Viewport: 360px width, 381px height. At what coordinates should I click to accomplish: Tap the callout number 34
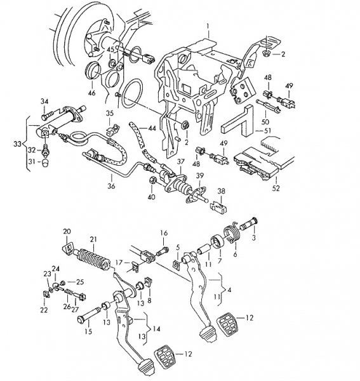(44, 102)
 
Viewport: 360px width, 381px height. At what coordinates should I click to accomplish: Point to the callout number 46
(92, 93)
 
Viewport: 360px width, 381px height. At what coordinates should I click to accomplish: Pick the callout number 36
(112, 187)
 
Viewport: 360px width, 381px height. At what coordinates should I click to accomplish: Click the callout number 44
(152, 128)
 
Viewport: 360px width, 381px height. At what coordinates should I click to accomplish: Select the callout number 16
(163, 233)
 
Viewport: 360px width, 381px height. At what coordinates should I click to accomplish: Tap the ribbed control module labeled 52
(257, 163)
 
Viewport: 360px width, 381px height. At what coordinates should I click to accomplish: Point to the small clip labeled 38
(220, 205)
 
